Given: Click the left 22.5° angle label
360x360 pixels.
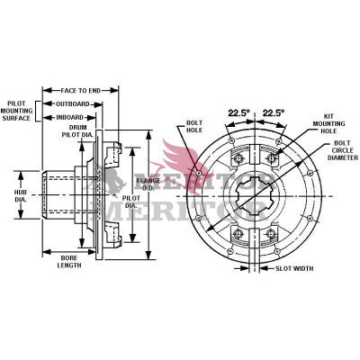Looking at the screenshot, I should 238,112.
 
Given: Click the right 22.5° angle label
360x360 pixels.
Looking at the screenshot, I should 273,112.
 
